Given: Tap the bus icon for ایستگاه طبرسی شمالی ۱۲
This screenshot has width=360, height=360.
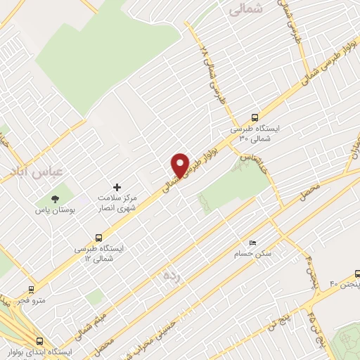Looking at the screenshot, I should point(98,238).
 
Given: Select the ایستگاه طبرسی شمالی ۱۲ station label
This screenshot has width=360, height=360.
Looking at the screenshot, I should point(98,253).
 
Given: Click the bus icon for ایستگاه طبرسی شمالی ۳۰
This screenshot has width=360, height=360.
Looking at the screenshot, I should point(255,118).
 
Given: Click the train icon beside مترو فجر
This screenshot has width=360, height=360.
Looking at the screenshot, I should point(31,289).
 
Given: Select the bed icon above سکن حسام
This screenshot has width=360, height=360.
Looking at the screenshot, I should point(252,243).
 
